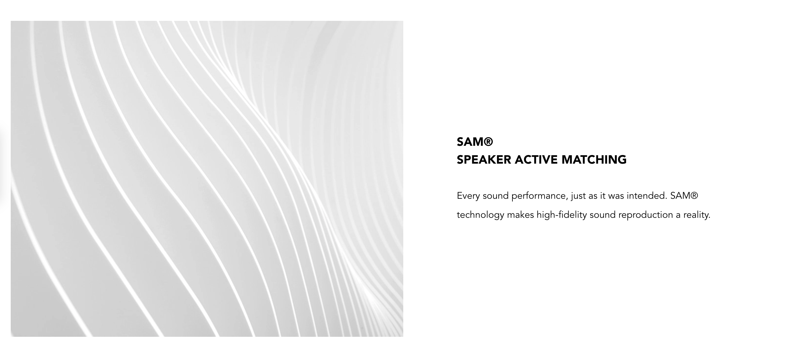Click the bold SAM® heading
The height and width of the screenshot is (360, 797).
[475, 142]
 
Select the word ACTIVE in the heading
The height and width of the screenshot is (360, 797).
[536, 160]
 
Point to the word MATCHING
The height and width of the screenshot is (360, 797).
[594, 160]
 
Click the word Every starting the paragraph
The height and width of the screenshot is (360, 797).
[468, 196]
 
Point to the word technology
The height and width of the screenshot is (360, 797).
[481, 215]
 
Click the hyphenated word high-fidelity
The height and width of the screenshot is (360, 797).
[561, 215]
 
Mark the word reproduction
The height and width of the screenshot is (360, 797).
[646, 215]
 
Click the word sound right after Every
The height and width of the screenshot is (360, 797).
[496, 196]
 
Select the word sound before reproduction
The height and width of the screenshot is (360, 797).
[603, 215]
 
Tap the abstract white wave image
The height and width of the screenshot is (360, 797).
[207, 179]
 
